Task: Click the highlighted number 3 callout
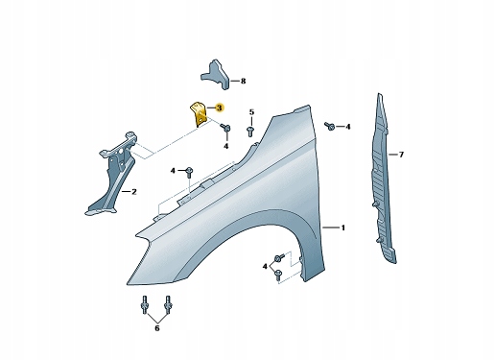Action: [219, 108]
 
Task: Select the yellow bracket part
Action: [199, 115]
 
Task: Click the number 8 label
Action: [243, 82]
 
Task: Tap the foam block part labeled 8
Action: [216, 74]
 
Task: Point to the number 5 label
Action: [251, 112]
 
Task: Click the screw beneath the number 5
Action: [250, 132]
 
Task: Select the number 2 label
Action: [134, 192]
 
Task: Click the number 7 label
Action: [401, 155]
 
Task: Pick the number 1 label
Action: [343, 228]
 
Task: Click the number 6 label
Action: [157, 328]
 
